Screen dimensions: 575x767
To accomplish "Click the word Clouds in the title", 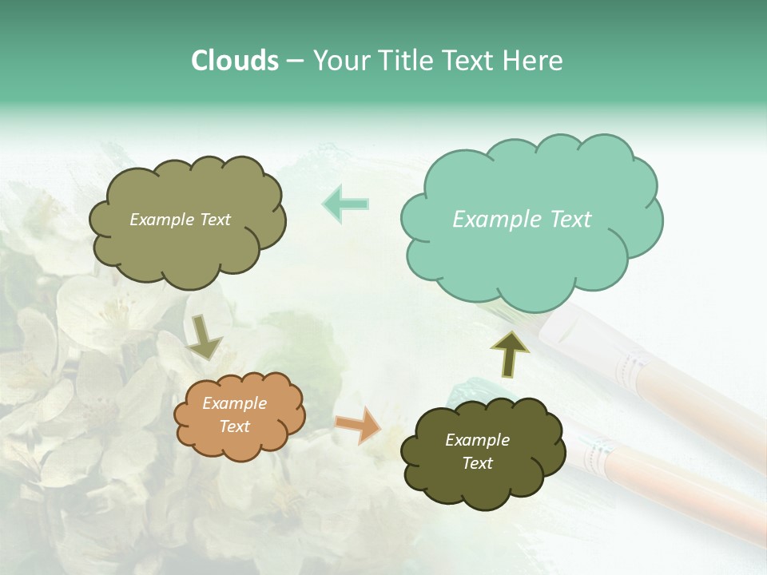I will coord(234,61).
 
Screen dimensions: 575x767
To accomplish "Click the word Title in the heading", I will coord(405,61).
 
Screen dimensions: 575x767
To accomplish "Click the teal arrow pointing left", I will coord(345,204).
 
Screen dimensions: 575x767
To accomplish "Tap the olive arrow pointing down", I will coord(205,336).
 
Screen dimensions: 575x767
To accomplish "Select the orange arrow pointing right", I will coord(359,424).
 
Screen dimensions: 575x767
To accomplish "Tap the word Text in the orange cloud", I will coord(235,426).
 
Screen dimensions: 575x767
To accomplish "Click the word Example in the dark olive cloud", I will coord(477,440).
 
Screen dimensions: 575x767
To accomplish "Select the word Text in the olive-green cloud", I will coord(215,220).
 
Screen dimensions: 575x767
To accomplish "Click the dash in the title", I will coord(295,61).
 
